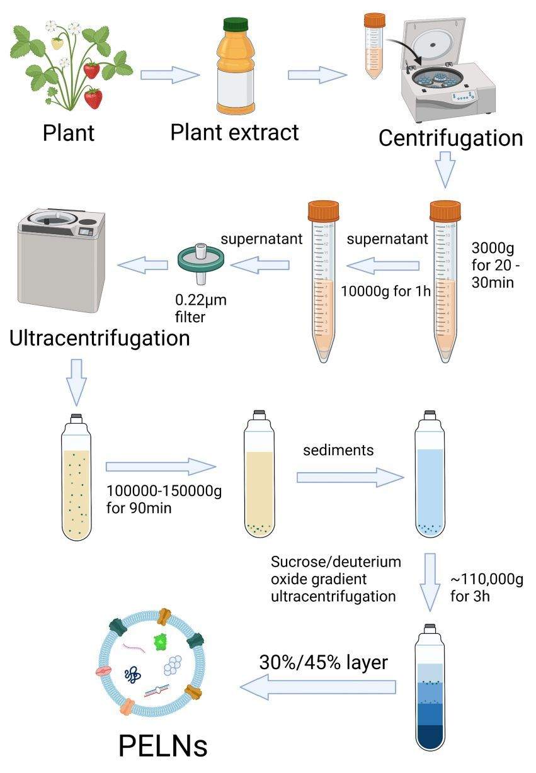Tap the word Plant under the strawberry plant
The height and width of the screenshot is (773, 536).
[69, 133]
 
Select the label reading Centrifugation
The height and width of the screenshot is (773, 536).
[450, 138]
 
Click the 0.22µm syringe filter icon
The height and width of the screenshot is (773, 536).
[200, 264]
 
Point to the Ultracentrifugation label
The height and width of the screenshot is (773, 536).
[100, 338]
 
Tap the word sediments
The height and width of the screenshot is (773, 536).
[338, 450]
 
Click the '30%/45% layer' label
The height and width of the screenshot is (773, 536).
[323, 662]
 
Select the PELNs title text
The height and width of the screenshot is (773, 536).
[163, 747]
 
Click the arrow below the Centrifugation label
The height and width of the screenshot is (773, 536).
[445, 171]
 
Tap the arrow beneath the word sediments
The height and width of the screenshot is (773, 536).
[350, 478]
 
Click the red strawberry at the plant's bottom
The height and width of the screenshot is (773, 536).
[94, 98]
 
